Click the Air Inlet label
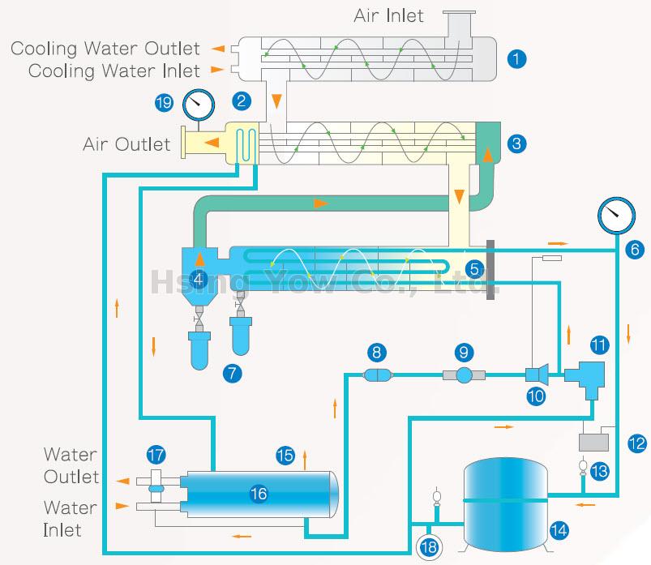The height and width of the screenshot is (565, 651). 388,15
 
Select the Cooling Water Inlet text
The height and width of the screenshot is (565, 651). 114,71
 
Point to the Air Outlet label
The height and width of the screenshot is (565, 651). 126,144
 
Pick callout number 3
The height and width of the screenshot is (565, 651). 517,144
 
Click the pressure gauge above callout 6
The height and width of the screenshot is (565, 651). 615,216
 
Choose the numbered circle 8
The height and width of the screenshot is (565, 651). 377,352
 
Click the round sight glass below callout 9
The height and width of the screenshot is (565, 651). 463,375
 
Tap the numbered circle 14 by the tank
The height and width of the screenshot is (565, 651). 559,531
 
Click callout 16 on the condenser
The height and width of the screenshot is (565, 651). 258,493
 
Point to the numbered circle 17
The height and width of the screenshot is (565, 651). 156,455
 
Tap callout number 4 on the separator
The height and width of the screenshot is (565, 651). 198,279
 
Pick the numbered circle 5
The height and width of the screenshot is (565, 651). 476,268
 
